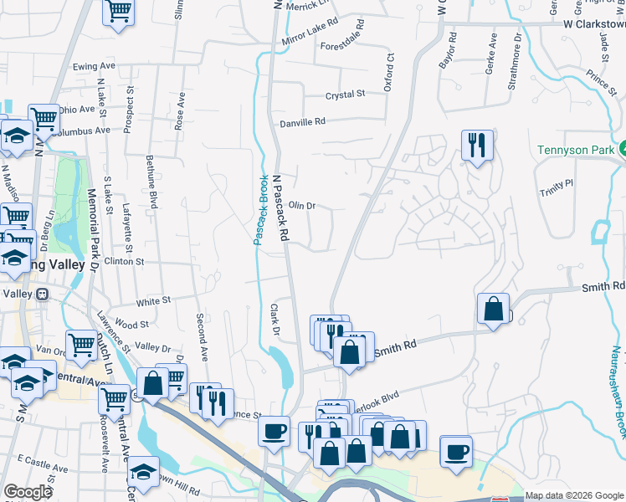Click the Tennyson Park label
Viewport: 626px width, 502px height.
pyautogui.click(x=575, y=151)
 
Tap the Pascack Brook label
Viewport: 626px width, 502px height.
pyautogui.click(x=260, y=210)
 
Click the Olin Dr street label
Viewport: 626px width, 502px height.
pyautogui.click(x=301, y=205)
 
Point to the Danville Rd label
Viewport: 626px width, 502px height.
pyautogui.click(x=301, y=122)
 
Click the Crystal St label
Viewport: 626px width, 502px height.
pyautogui.click(x=345, y=95)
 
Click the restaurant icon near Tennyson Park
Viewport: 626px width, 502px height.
pyautogui.click(x=477, y=145)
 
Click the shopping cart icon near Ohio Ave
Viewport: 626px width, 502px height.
pyautogui.click(x=44, y=118)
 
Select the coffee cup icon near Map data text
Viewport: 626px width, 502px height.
pyautogui.click(x=456, y=452)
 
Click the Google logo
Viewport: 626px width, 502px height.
pyautogui.click(x=28, y=493)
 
